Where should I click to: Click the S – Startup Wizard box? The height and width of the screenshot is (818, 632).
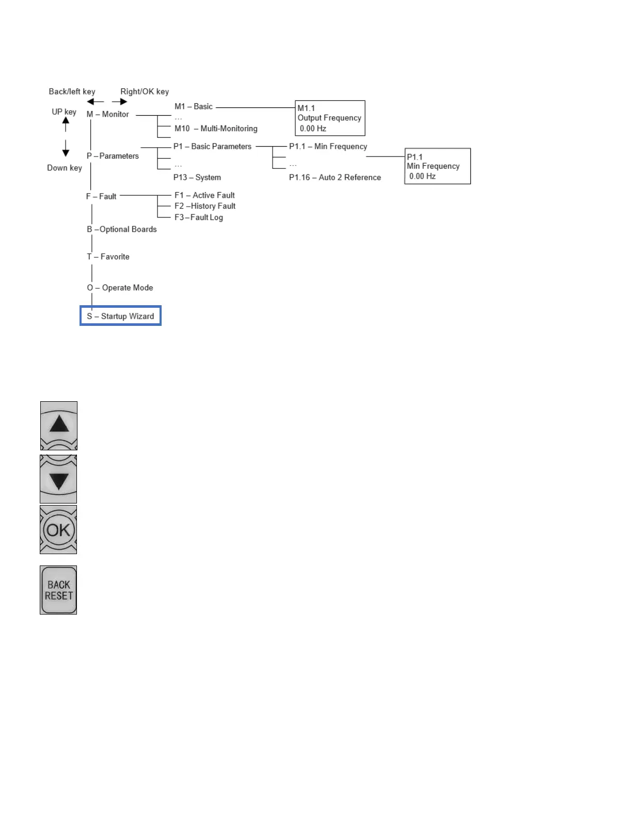point(120,316)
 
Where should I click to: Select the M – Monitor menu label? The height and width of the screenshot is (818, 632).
point(108,114)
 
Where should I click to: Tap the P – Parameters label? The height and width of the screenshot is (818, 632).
point(113,156)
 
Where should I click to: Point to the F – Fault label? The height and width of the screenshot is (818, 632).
point(101,196)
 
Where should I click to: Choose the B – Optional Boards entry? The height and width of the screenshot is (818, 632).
point(122,229)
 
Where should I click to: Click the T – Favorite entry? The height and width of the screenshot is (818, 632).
point(108,257)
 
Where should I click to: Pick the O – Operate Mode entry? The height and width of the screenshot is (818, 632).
point(120,288)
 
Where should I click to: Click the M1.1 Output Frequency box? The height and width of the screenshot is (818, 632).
point(330,118)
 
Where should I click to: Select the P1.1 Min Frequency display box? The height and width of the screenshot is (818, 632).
point(437,166)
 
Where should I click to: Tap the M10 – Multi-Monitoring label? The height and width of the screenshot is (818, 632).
point(216,129)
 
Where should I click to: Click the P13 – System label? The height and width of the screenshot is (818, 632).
point(197,177)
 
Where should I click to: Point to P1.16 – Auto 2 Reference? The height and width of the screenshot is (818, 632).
point(335,177)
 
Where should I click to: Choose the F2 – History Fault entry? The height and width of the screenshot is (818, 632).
point(205,206)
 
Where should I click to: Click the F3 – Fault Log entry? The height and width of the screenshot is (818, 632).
point(199,217)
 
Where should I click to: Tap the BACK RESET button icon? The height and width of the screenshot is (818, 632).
point(58,590)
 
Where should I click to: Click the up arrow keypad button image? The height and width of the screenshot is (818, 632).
point(59,426)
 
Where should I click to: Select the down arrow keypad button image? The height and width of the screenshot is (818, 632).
point(59,479)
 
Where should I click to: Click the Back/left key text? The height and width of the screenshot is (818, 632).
point(72,91)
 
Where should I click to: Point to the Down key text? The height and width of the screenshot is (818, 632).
point(65,168)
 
